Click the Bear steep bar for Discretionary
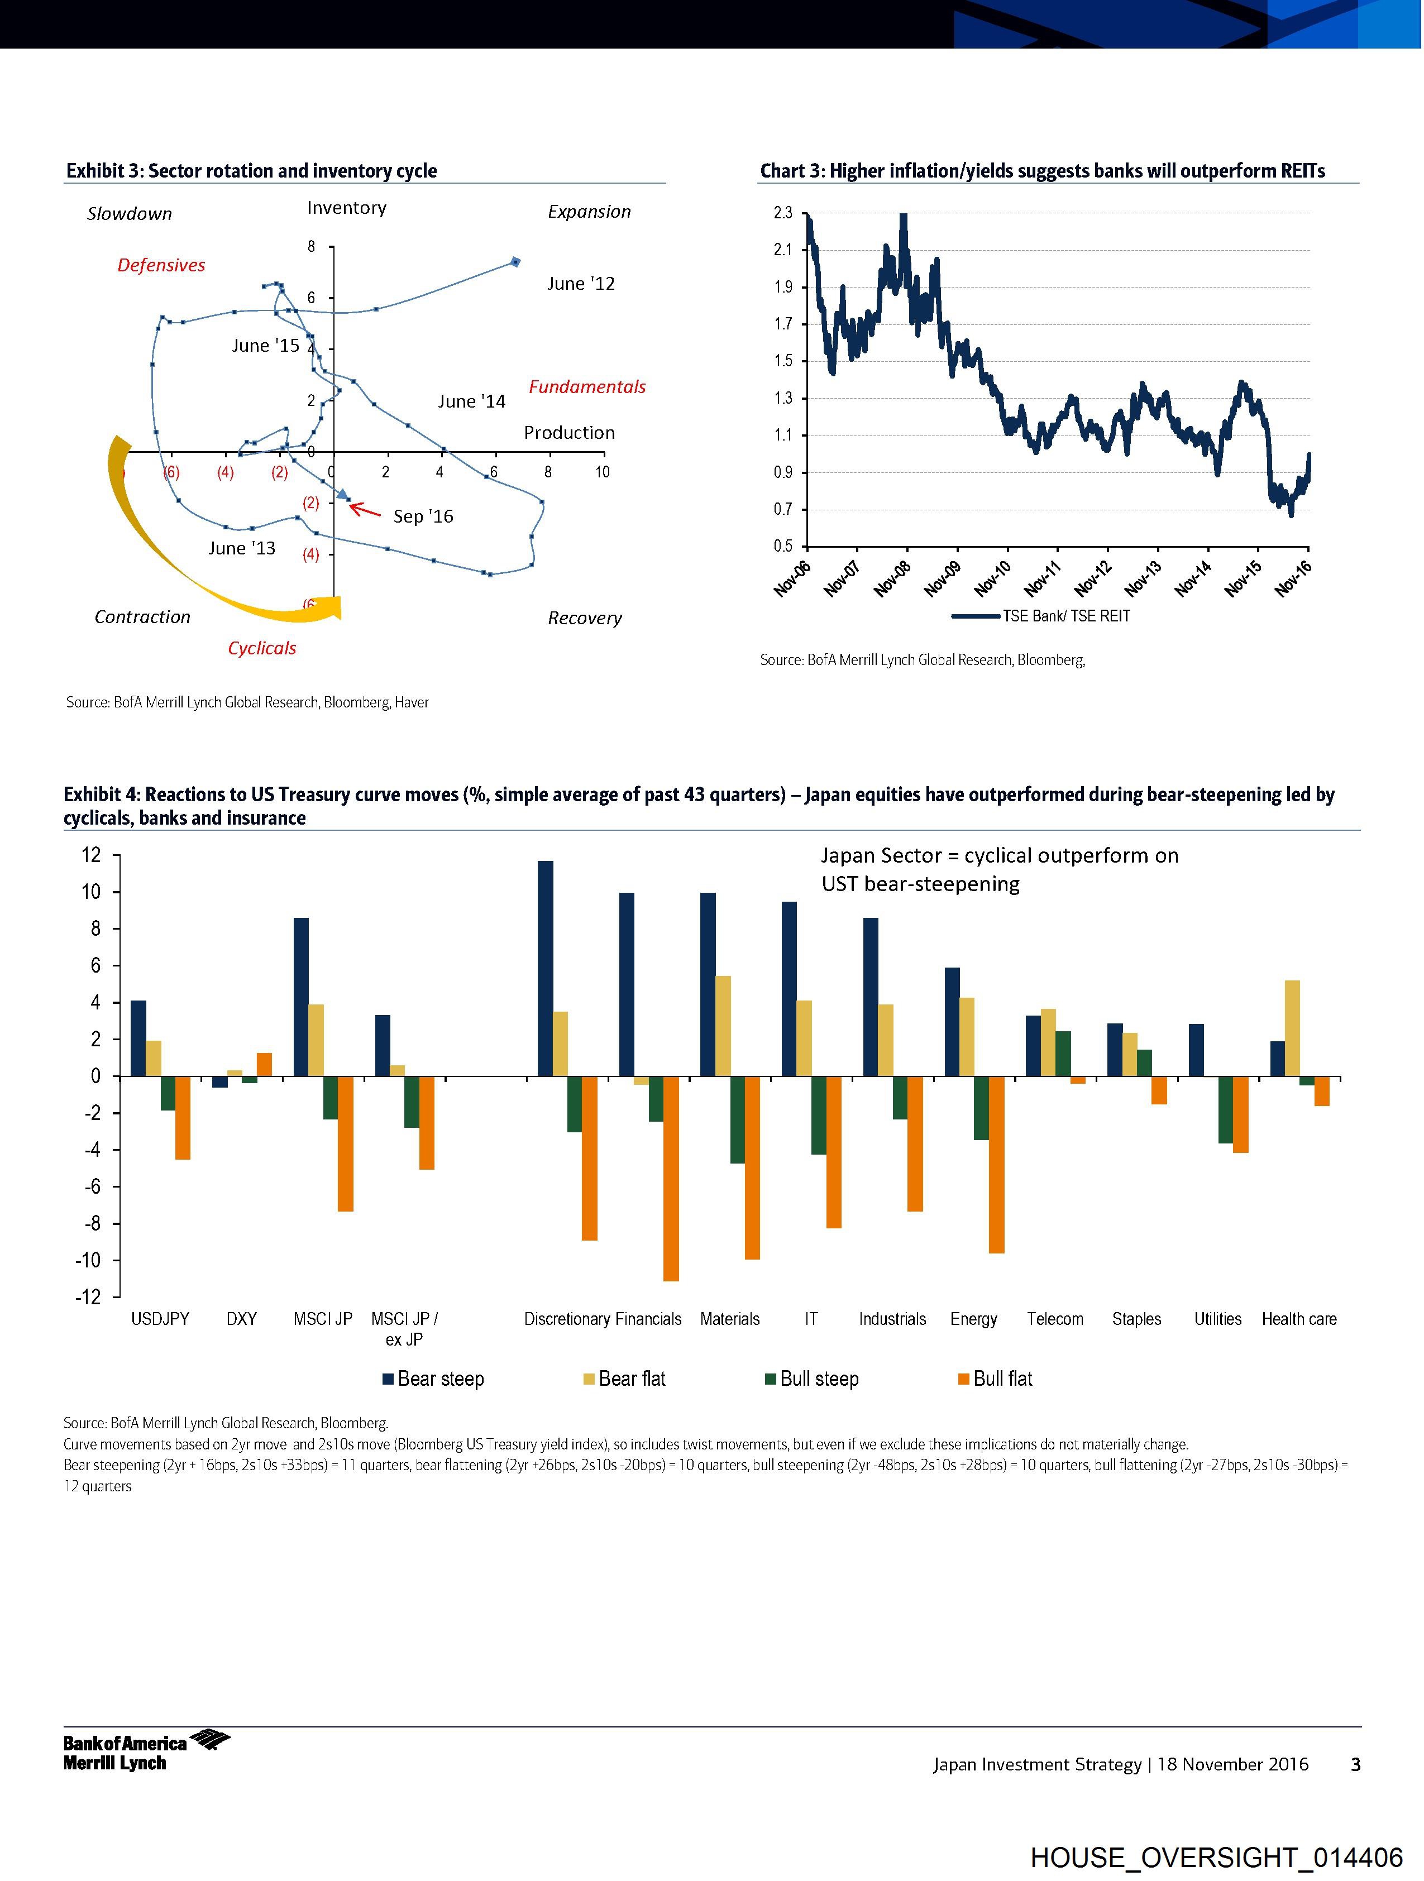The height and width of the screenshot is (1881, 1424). (545, 969)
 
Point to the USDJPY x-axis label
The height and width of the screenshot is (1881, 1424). (160, 1319)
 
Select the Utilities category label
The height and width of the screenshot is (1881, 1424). (1217, 1319)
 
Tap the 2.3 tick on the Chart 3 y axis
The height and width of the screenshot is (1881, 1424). (782, 213)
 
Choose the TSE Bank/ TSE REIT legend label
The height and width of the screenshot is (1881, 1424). (1066, 616)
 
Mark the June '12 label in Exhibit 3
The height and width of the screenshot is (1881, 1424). (581, 284)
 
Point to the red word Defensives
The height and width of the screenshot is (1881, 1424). (161, 265)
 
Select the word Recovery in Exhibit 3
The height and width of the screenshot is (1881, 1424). (585, 618)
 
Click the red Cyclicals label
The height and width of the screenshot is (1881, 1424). (262, 648)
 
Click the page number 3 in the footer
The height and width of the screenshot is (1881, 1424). (1355, 1764)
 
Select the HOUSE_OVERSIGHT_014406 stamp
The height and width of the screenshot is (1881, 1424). (1216, 1856)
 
